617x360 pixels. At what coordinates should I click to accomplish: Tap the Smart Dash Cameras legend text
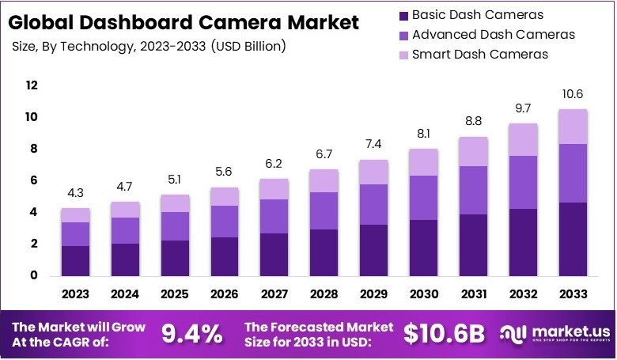tap(480, 55)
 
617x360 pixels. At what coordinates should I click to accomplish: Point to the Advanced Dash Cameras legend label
tap(493, 35)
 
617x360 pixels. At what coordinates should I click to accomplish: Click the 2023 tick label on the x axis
tap(75, 294)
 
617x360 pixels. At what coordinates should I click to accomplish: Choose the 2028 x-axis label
tap(324, 294)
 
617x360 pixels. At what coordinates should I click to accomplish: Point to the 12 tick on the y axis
tap(32, 85)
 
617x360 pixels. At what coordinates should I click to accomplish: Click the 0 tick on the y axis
tap(32, 276)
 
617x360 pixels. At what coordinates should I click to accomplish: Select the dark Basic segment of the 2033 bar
tap(573, 239)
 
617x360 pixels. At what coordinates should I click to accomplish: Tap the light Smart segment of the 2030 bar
tap(423, 162)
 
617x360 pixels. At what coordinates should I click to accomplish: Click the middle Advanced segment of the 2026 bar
tap(225, 222)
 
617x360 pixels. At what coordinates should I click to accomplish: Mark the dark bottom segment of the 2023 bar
tap(75, 260)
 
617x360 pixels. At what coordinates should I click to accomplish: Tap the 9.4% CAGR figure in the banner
tap(191, 335)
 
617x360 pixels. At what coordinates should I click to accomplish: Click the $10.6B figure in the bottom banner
tap(443, 335)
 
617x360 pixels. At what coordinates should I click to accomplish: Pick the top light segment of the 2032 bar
tap(523, 140)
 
